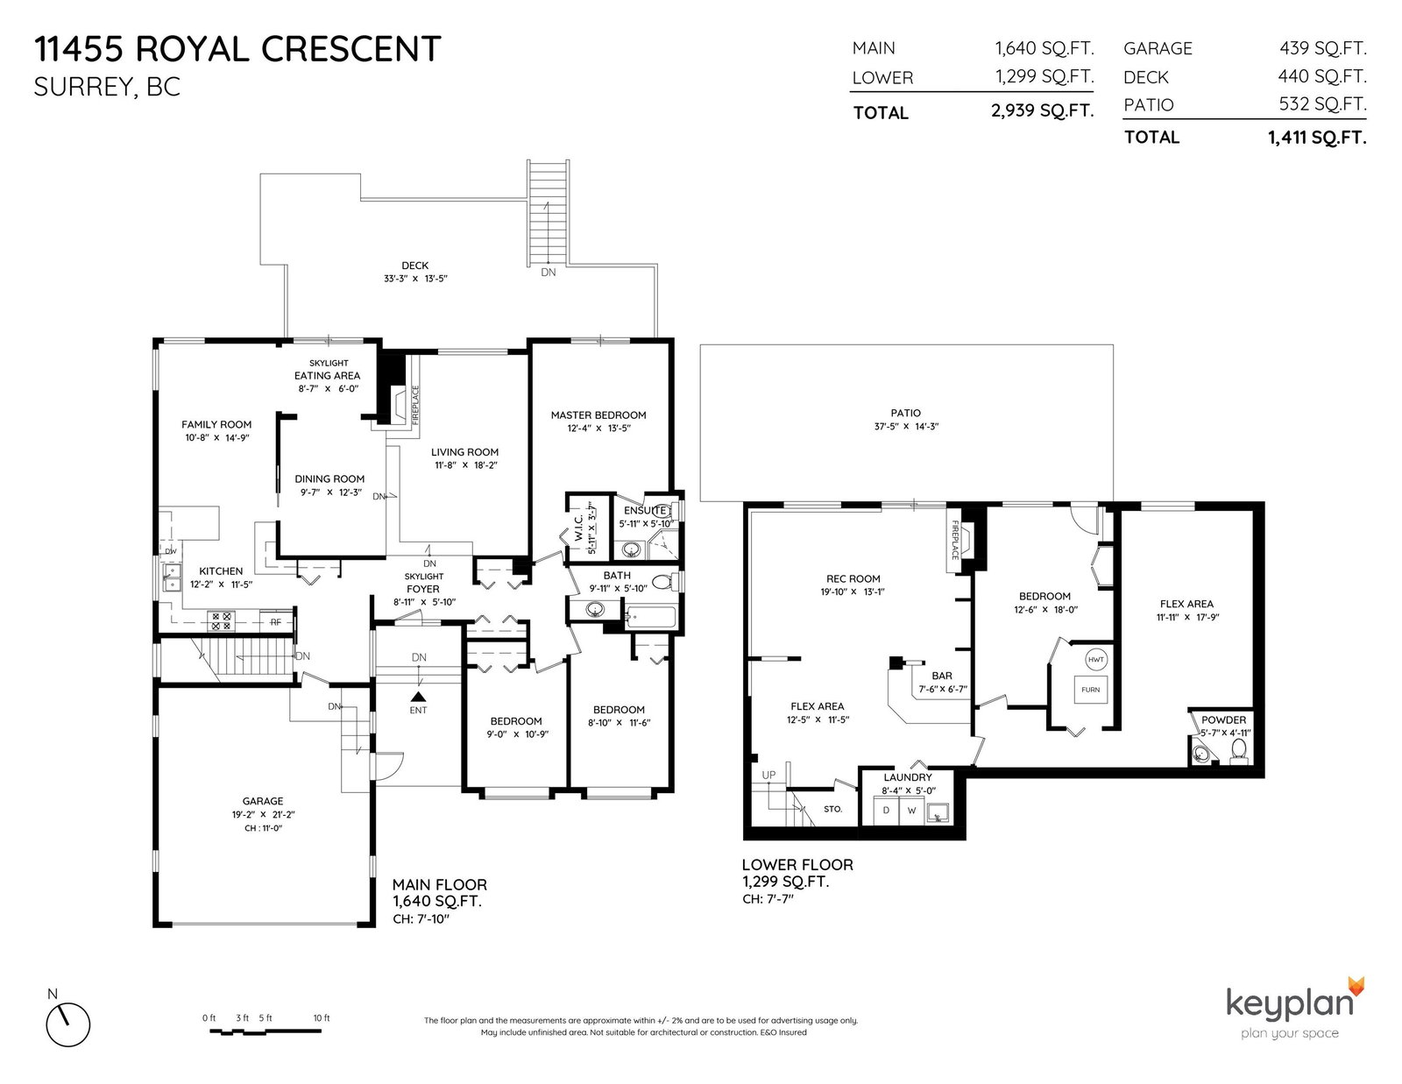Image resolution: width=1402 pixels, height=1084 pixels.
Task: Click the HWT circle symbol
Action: [1095, 660]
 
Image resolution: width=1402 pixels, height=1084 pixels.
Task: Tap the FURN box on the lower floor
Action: [1090, 690]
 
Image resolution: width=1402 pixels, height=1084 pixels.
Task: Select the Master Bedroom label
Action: [598, 414]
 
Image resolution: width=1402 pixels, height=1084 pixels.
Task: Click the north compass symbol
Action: [67, 1024]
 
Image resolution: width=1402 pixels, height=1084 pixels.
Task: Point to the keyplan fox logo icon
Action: [1356, 987]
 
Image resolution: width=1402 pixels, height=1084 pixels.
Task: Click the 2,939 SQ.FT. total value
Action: [1042, 110]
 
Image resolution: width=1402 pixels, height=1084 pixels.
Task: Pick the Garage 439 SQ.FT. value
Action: [1322, 47]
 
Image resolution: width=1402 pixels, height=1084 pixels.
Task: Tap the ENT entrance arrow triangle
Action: [418, 696]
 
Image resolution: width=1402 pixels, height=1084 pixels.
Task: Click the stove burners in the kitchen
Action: [221, 621]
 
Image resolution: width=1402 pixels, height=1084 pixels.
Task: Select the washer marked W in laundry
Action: [911, 811]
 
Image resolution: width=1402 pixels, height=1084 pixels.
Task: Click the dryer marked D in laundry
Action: [886, 811]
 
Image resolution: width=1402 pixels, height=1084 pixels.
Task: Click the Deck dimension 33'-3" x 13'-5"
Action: [414, 279]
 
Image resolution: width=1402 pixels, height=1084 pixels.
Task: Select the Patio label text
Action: [906, 413]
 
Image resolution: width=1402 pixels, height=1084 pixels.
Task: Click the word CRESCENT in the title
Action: [351, 50]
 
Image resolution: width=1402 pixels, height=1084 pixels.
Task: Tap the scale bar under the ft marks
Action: [266, 1031]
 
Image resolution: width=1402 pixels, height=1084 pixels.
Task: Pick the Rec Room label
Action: [853, 578]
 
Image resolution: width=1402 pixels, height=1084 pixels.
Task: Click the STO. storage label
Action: [832, 809]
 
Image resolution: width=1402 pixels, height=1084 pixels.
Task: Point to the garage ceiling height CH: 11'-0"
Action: [263, 828]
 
